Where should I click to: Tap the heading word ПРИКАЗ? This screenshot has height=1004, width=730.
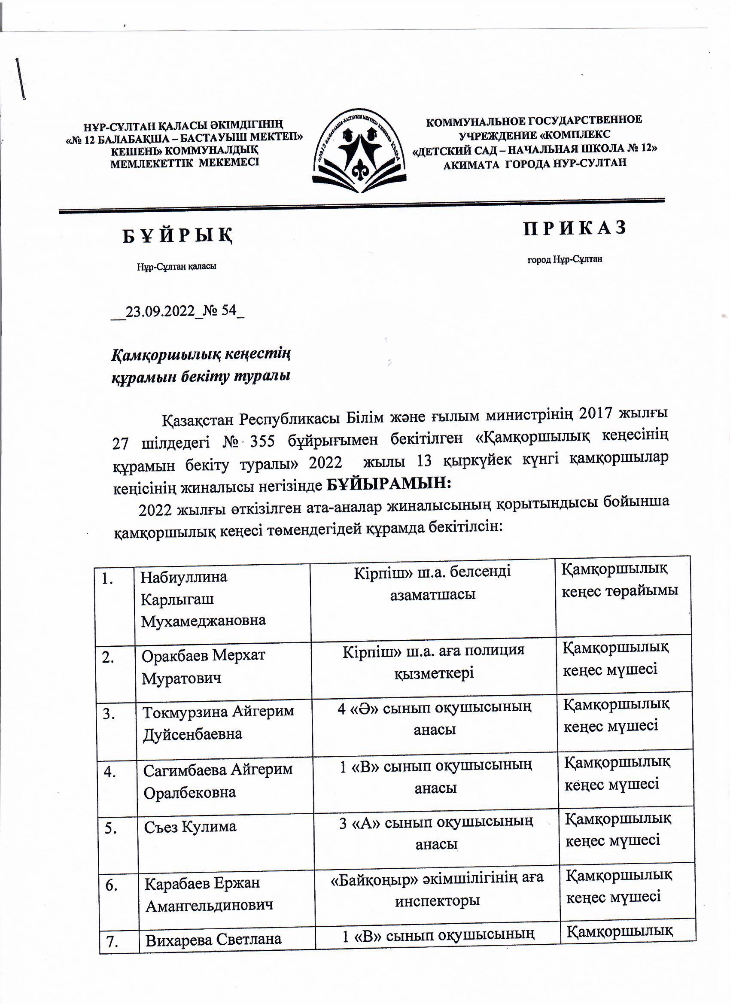575,228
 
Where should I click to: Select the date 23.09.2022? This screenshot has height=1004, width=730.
160,311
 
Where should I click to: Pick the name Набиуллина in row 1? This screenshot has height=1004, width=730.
184,577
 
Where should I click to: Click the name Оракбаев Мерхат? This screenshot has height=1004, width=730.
203,655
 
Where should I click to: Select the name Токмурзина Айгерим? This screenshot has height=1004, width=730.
218,711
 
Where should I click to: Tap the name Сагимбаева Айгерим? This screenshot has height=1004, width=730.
218,769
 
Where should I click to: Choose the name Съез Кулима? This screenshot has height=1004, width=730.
190,827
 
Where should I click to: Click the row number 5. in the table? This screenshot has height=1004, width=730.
111,828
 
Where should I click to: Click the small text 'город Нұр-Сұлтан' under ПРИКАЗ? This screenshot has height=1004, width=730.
564,259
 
